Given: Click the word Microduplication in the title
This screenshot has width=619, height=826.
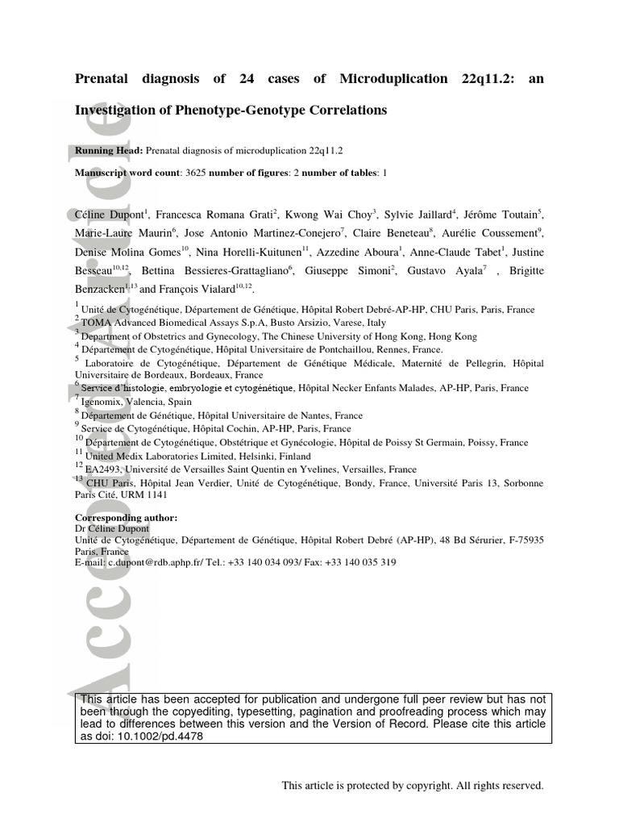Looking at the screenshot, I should tap(393, 78).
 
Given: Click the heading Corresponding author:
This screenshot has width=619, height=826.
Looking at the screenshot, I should tap(126, 517).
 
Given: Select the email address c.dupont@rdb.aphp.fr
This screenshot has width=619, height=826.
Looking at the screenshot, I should tap(154, 562).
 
